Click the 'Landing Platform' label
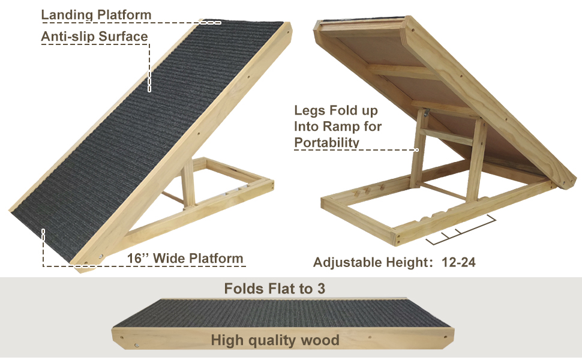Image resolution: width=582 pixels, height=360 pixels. (x=96, y=14)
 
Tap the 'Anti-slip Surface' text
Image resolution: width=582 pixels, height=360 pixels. (x=94, y=37)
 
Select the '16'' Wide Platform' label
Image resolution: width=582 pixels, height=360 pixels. (x=185, y=259)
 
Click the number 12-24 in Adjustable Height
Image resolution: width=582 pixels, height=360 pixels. (x=458, y=262)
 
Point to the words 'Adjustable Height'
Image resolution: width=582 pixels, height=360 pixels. (x=368, y=262)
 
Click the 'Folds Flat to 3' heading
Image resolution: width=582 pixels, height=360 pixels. (x=275, y=289)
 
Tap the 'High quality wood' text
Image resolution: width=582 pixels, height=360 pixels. (x=275, y=341)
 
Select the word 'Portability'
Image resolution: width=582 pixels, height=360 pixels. (x=327, y=142)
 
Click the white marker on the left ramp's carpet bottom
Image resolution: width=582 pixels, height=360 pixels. (x=43, y=232)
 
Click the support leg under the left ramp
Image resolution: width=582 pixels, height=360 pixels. (x=188, y=183)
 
